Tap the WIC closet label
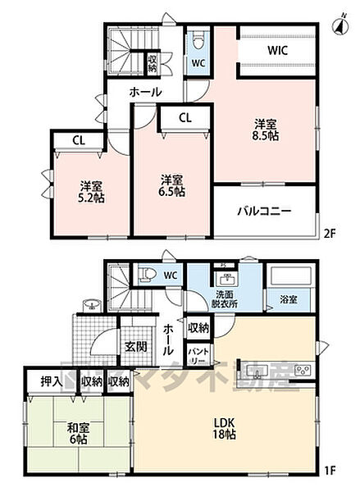click(276, 51)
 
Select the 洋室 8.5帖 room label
click(266, 130)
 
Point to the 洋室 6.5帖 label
click(172, 185)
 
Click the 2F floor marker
click(329, 232)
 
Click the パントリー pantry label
click(199, 354)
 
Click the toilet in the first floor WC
click(148, 274)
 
